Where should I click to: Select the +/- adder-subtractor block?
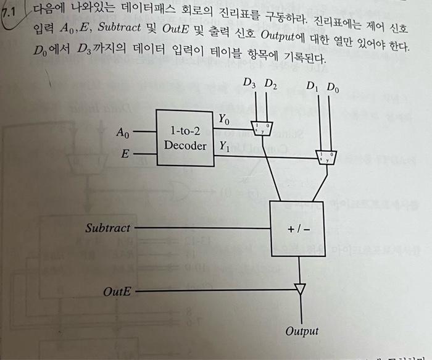tap(299, 228)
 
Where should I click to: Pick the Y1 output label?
tap(224, 147)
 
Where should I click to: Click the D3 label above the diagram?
tap(249, 83)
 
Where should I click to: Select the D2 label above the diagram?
tap(270, 83)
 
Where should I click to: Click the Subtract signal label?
tap(108, 228)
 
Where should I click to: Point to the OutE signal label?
tap(117, 290)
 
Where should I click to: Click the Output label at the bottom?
tap(302, 331)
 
